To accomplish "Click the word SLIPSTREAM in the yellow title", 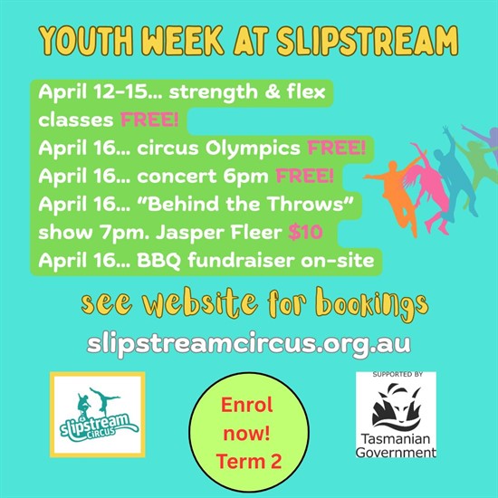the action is point(367,41).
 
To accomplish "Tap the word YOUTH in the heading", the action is point(86,42).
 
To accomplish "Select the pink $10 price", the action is point(305,232).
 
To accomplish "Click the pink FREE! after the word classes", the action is point(149,120).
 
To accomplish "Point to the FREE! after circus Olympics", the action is point(337,148).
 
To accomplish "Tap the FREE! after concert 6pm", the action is point(304,176).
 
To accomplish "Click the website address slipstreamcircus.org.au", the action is point(249,345).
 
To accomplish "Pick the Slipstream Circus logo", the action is point(98,415).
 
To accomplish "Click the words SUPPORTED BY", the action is point(397,375).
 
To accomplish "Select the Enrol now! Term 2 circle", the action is point(249,432).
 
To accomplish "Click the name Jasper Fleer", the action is point(219,233).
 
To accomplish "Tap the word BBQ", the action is point(158,261).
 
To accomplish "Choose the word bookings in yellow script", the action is point(373,304).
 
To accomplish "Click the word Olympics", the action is point(253,148).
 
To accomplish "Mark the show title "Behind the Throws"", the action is point(250,204).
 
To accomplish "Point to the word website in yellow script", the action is point(200,302).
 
